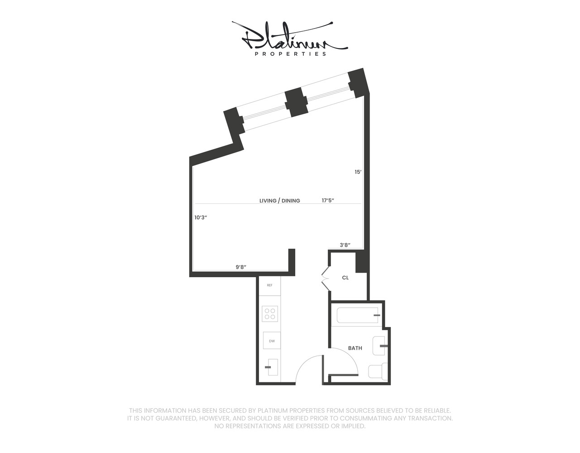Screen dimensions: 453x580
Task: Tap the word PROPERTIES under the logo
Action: [x=291, y=54]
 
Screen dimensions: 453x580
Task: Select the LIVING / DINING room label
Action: [x=279, y=201]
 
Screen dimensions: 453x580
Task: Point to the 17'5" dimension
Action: [x=328, y=200]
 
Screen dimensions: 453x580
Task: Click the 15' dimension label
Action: [x=358, y=172]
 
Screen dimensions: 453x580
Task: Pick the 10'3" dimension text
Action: [x=201, y=217]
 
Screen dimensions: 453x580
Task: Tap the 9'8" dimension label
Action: [x=241, y=267]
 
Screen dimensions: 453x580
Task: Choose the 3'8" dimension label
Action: [x=345, y=245]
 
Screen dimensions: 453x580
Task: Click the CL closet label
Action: [x=345, y=278]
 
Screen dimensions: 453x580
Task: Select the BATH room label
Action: [x=355, y=348]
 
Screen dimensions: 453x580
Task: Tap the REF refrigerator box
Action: [x=270, y=285]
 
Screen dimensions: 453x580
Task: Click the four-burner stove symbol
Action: [x=270, y=314]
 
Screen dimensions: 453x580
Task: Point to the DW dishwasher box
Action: [x=272, y=341]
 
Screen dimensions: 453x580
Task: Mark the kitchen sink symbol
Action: [x=272, y=366]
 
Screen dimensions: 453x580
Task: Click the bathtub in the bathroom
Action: [x=357, y=315]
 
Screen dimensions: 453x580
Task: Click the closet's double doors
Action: [x=325, y=278]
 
